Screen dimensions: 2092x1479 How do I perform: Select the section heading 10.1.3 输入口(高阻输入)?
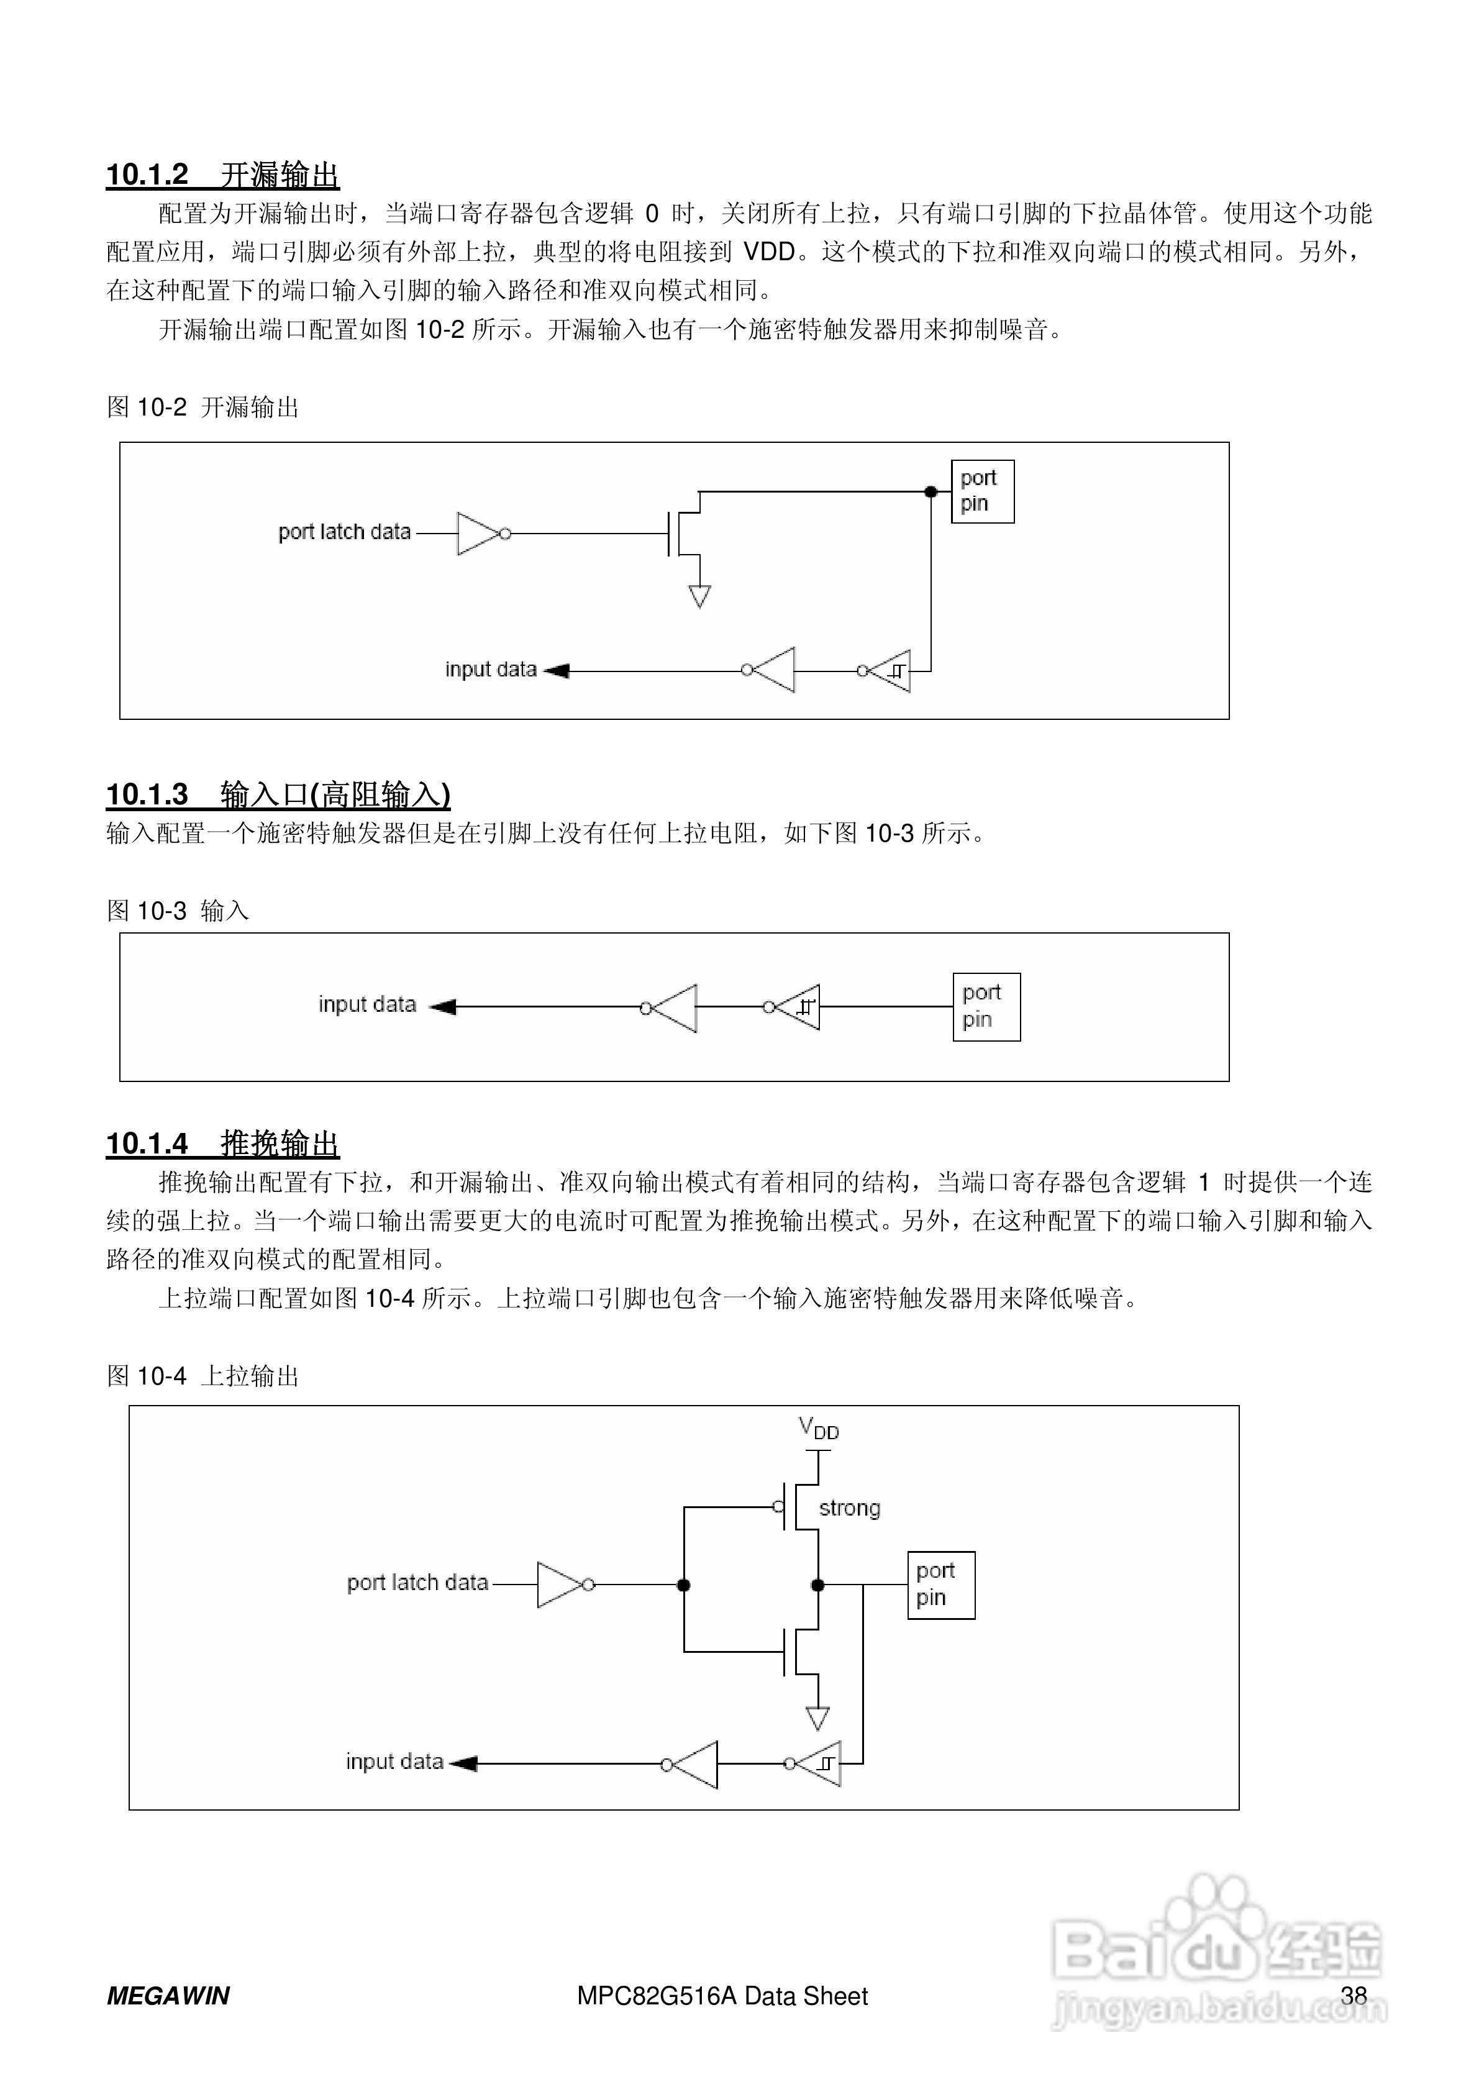278,794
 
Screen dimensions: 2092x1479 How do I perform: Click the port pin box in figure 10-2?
981,491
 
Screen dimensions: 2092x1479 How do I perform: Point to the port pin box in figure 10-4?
940,1585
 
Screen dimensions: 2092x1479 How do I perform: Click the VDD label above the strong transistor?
818,1428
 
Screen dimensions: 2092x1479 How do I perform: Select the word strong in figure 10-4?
849,1508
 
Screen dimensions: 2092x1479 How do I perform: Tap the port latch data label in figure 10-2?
345,532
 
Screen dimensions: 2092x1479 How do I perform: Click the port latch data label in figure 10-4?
417,1583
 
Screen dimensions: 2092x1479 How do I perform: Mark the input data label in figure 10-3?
367,1004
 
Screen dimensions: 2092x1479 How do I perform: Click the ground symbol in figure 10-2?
699,596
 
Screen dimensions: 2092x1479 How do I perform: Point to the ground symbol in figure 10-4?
817,1719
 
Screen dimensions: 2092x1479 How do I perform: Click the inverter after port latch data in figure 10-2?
480,533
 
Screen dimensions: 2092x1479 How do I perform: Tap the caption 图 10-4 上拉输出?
203,1376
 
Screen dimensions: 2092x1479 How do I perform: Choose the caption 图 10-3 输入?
178,910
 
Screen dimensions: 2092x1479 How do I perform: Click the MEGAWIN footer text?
168,1996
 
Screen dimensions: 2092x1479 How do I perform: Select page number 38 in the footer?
1354,1996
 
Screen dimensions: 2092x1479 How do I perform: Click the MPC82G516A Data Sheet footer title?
722,1996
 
